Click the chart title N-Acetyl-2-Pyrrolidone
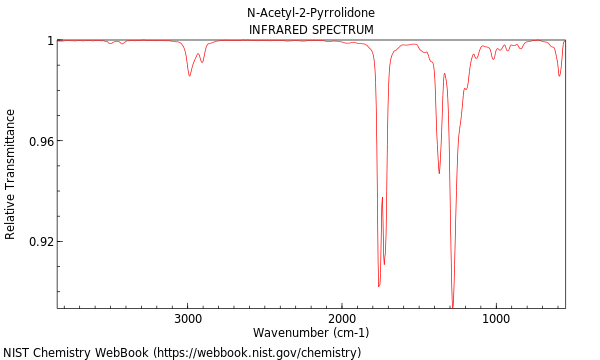pos(311,13)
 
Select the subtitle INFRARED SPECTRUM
pos(311,30)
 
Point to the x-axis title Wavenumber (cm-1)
pos(311,332)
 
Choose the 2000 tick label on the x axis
pos(342,319)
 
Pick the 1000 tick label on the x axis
pos(496,319)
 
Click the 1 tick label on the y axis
pos(49,40)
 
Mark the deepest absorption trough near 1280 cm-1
pos(452,306)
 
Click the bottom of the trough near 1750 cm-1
pos(379,286)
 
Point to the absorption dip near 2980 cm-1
pos(189,76)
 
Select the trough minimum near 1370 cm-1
pos(439,173)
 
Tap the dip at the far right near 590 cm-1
pos(559,75)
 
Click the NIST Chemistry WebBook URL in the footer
pos(256,353)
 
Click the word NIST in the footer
pos(16,353)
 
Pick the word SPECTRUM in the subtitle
pos(341,30)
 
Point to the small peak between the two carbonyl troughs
pos(382,198)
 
